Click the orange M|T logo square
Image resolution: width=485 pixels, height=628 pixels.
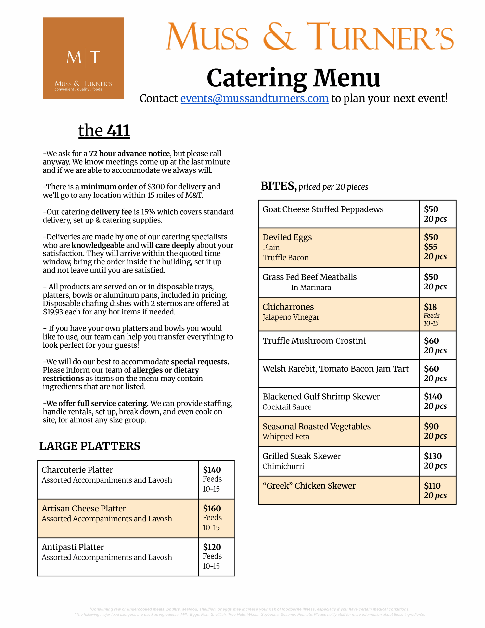(x=83, y=58)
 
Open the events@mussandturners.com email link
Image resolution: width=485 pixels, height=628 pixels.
(x=255, y=99)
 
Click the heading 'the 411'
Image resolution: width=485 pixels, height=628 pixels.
(x=104, y=131)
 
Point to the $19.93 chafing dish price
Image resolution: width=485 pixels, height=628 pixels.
(x=53, y=312)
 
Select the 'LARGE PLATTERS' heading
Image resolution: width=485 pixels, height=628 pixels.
(x=90, y=446)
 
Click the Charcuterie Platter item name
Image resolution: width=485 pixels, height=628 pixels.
(x=77, y=470)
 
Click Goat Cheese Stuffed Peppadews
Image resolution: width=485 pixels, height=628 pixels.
(x=323, y=209)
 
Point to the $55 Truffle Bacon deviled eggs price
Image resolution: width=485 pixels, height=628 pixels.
(x=431, y=247)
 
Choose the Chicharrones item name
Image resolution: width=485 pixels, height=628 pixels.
(x=288, y=307)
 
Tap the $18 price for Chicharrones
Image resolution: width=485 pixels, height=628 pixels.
(x=430, y=307)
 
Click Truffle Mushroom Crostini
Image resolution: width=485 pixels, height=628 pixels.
(x=314, y=341)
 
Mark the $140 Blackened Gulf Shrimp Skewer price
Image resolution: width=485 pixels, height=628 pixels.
(x=433, y=396)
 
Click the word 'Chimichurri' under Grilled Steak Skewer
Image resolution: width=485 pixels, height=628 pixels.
(x=283, y=466)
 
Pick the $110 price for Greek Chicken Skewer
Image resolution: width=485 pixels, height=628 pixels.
(x=432, y=486)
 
